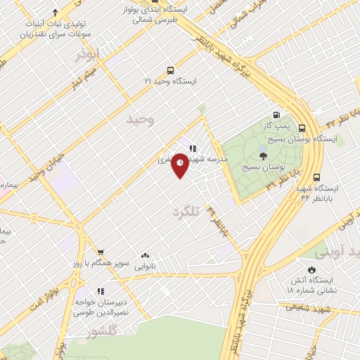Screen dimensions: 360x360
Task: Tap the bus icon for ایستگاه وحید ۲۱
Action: click(x=170, y=70)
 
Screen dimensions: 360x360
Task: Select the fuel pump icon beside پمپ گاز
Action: click(x=276, y=115)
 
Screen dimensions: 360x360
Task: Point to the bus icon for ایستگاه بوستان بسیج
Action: click(x=302, y=128)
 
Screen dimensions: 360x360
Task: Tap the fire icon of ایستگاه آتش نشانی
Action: click(x=311, y=269)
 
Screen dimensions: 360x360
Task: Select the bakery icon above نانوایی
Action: click(x=145, y=256)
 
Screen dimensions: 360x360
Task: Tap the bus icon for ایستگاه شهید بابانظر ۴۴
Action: click(x=316, y=177)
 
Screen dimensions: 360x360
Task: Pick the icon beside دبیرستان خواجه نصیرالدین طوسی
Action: click(x=101, y=290)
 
